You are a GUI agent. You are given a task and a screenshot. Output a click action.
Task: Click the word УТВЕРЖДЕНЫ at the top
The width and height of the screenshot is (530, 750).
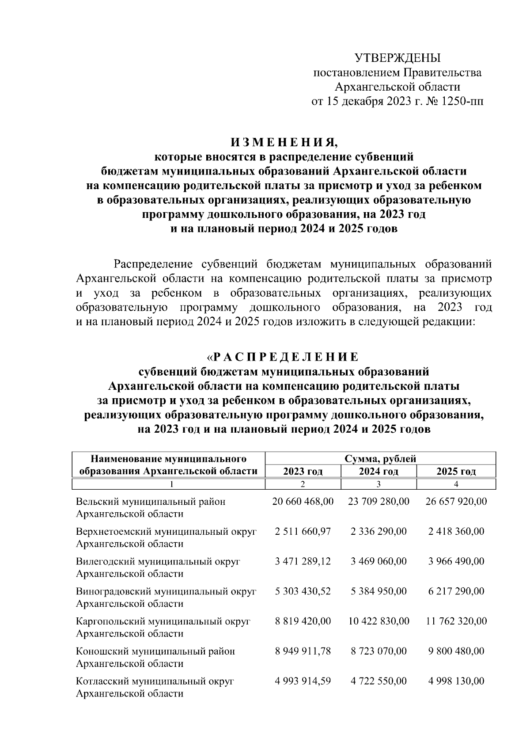[398, 58]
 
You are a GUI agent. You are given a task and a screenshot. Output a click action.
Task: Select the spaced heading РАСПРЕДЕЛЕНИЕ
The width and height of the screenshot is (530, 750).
[286, 357]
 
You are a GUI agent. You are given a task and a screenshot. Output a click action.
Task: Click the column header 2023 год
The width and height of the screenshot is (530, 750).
[303, 472]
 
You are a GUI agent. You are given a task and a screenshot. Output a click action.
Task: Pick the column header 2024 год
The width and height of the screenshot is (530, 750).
[379, 472]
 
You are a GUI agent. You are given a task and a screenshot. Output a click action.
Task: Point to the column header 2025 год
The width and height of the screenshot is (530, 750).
[456, 472]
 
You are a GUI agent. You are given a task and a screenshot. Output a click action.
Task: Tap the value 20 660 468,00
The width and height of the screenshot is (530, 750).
[303, 502]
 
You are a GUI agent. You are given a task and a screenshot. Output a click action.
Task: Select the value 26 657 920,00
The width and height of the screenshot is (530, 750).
[456, 502]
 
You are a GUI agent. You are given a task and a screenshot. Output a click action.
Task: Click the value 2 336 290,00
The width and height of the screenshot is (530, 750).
[379, 531]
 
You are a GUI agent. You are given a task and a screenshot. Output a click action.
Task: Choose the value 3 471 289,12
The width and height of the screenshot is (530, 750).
[303, 561]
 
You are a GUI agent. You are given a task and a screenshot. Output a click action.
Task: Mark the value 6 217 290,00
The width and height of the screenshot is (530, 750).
[456, 591]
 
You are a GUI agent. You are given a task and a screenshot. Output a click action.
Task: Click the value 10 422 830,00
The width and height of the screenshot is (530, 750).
[379, 621]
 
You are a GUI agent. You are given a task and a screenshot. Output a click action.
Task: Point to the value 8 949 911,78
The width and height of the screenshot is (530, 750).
[303, 651]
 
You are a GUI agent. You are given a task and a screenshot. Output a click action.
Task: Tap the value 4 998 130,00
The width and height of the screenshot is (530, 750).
[456, 681]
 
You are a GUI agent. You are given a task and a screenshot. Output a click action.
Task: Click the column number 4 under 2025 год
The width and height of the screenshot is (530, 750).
[456, 484]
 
